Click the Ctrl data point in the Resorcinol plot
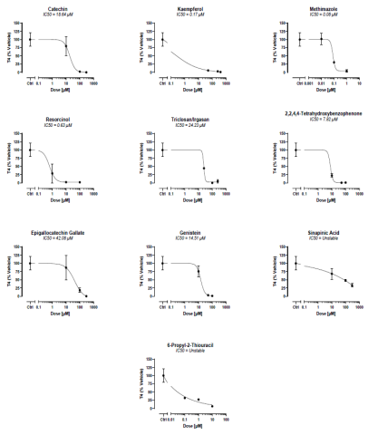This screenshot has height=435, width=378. click(x=31, y=150)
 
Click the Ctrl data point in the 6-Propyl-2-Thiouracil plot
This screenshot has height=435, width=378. click(x=164, y=375)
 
